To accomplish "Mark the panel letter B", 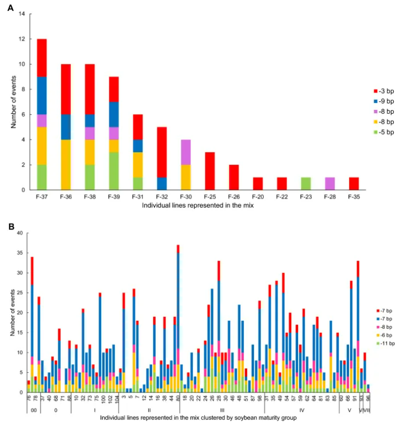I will [10, 226].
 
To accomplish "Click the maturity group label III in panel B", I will [221, 410].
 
